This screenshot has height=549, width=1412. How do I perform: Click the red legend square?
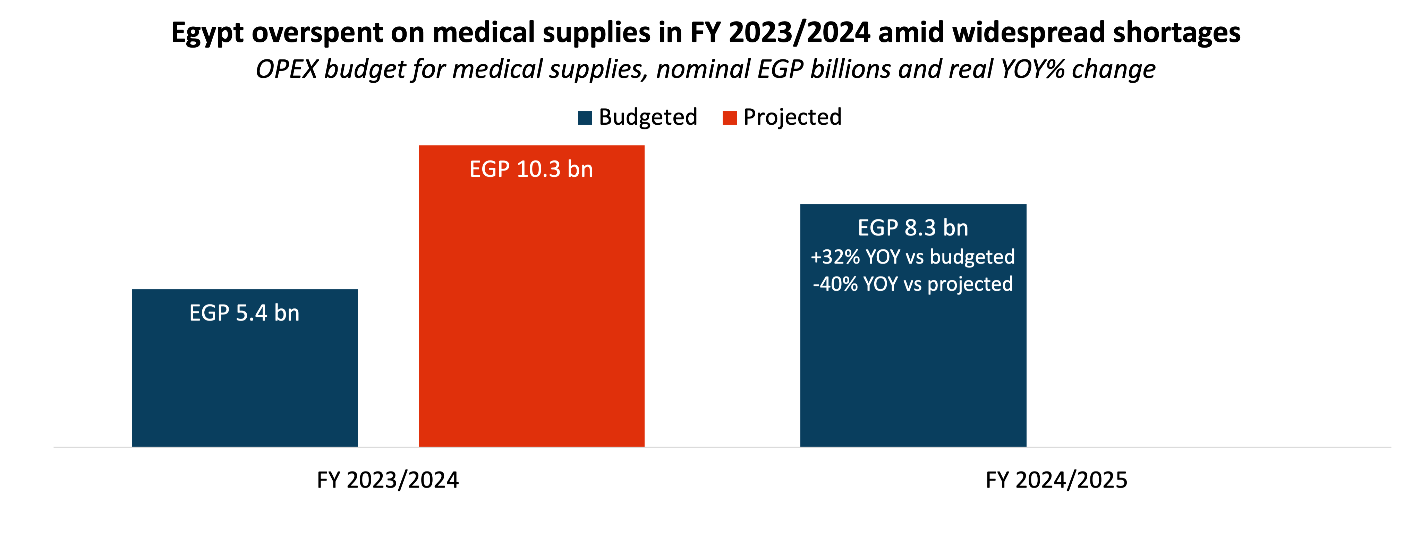tap(730, 118)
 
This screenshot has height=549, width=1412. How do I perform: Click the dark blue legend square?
tap(585, 118)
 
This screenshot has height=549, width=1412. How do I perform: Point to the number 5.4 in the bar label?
tap(251, 313)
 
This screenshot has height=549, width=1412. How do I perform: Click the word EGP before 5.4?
tap(209, 313)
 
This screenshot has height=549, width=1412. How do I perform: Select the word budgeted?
tap(972, 257)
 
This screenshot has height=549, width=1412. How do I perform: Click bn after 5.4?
tap(287, 313)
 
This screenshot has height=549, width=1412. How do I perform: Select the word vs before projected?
tap(912, 284)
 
